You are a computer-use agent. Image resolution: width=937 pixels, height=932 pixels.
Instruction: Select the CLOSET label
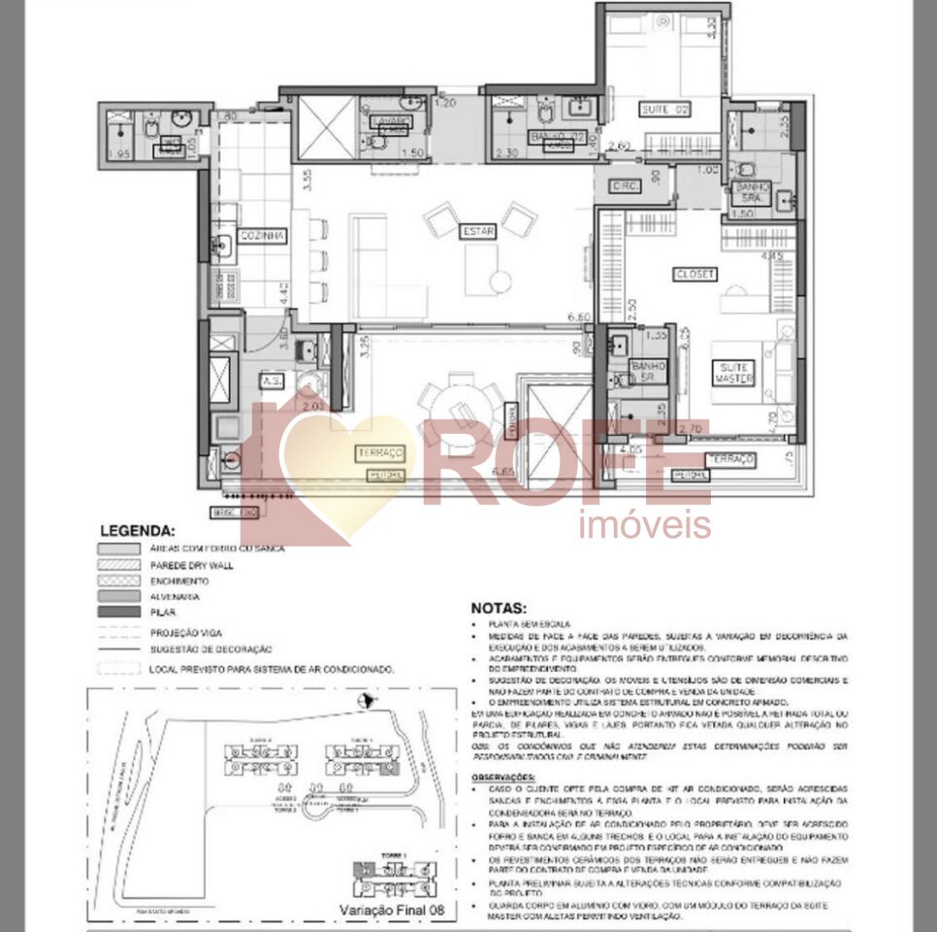[x=695, y=275]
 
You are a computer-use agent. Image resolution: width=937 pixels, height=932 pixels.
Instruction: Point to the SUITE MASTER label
[x=733, y=373]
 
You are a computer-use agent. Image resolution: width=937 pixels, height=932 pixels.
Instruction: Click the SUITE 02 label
[x=663, y=110]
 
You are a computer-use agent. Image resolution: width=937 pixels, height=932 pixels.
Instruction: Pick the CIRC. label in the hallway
[x=623, y=186]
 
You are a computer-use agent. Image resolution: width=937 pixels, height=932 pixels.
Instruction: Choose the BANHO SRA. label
[x=751, y=192]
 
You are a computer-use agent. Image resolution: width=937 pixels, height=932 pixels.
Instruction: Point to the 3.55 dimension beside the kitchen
[x=307, y=182]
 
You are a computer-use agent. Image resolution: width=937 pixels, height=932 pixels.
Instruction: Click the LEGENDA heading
[x=138, y=531]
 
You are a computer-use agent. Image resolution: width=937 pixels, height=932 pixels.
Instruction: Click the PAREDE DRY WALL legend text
[x=192, y=565]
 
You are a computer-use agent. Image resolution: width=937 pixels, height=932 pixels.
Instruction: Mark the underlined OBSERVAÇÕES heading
[x=503, y=778]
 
